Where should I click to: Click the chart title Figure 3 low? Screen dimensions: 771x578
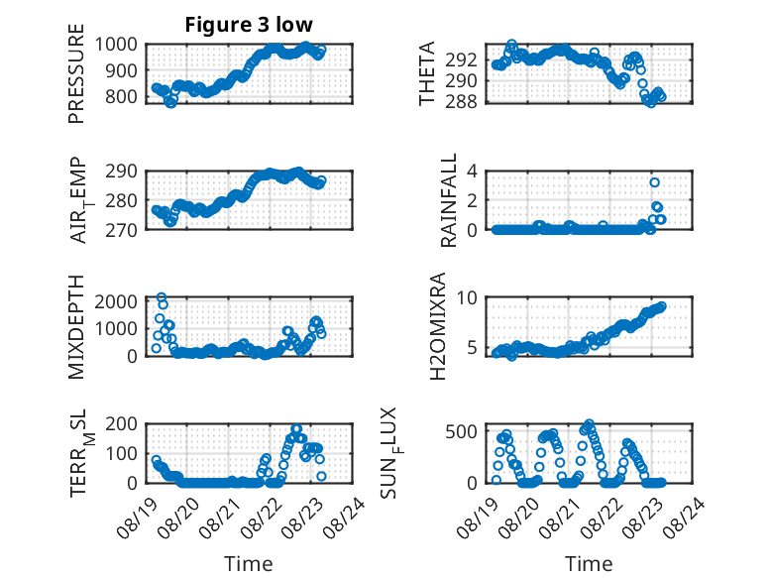(249, 25)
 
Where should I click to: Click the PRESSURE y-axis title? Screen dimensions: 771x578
(76, 73)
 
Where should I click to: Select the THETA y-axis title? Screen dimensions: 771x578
(427, 73)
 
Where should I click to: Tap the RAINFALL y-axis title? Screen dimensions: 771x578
(449, 200)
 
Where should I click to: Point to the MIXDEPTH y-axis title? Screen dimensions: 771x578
(76, 327)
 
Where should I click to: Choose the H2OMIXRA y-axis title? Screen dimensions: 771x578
(437, 326)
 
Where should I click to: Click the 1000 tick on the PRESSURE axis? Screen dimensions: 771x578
(116, 45)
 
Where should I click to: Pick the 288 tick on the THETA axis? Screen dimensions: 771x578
(461, 101)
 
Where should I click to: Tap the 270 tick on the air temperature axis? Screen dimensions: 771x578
(122, 230)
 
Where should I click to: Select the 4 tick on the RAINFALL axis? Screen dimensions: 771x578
(472, 172)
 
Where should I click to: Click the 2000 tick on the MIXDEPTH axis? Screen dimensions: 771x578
(116, 301)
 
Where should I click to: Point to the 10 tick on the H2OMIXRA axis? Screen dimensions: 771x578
(467, 297)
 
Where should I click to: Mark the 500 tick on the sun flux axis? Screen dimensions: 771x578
(461, 432)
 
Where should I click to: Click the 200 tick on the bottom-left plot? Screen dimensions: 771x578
(122, 424)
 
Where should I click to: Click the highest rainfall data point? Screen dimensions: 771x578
(654, 182)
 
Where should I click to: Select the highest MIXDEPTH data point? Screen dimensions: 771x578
(162, 297)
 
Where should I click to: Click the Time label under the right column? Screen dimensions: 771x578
(589, 564)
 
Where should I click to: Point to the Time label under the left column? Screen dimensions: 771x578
(249, 564)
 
